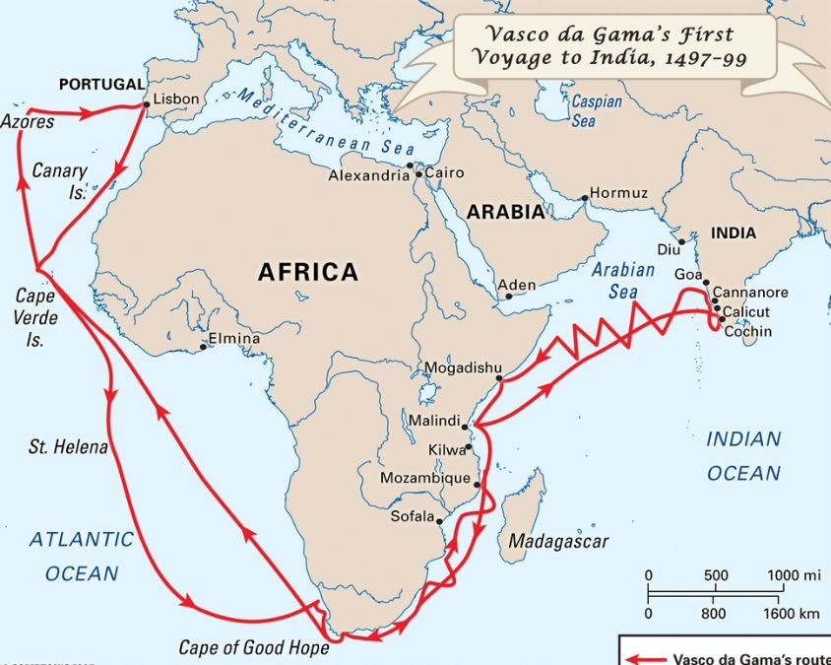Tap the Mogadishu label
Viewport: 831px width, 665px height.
coord(457,368)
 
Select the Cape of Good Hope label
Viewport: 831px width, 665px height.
coord(253,647)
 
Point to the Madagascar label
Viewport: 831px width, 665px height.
coord(558,541)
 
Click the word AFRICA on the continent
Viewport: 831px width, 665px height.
coord(307,272)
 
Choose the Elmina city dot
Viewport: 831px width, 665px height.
coord(204,346)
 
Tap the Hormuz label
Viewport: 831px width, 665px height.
coord(618,193)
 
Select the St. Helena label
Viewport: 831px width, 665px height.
coord(68,447)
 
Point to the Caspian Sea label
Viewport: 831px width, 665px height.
coord(597,111)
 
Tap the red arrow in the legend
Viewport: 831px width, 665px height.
coord(646,659)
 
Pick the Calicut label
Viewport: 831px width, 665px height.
coord(747,311)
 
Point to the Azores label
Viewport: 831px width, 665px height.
coord(28,123)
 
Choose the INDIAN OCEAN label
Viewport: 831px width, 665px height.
coord(743,456)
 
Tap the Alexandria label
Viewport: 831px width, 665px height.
coord(368,176)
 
